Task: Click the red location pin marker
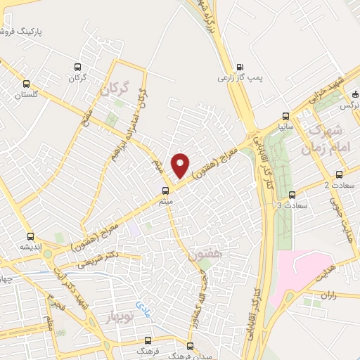click(x=181, y=165)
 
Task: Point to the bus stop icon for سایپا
click(x=285, y=115)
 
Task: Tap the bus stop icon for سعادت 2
click(x=340, y=174)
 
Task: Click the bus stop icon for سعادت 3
click(x=292, y=195)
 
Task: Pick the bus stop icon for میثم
click(x=166, y=190)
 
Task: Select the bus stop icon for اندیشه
click(x=30, y=236)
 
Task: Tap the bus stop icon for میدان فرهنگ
click(x=190, y=345)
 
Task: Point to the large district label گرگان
click(x=117, y=89)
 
